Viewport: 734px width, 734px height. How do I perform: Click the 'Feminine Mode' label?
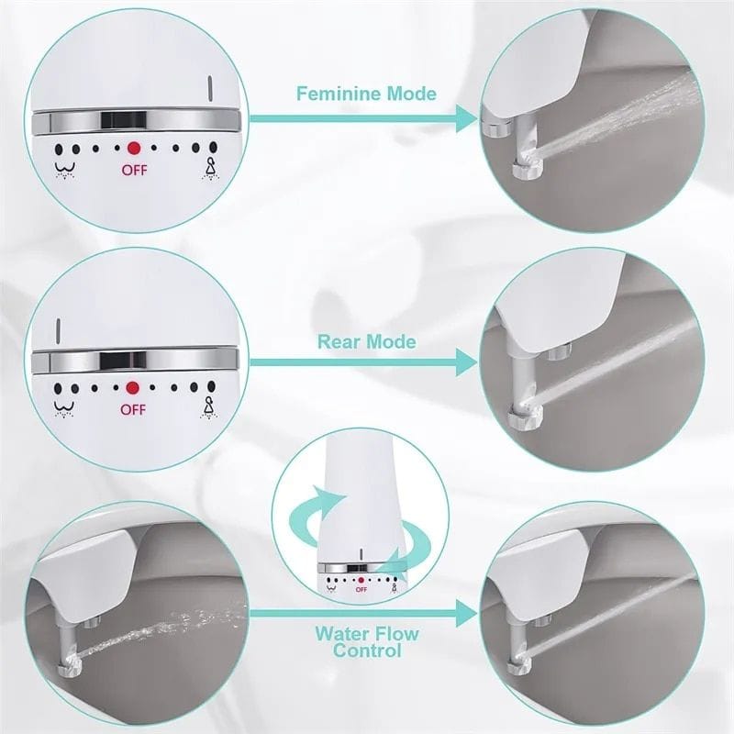365,94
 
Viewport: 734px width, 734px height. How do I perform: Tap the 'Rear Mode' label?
366,341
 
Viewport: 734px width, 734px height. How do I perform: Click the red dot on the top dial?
133,147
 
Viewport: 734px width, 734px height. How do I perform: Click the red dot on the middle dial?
132,388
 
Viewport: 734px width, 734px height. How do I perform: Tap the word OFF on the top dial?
134,170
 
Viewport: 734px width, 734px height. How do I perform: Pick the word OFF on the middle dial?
133,410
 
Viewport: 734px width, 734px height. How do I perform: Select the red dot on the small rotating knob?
361,580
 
